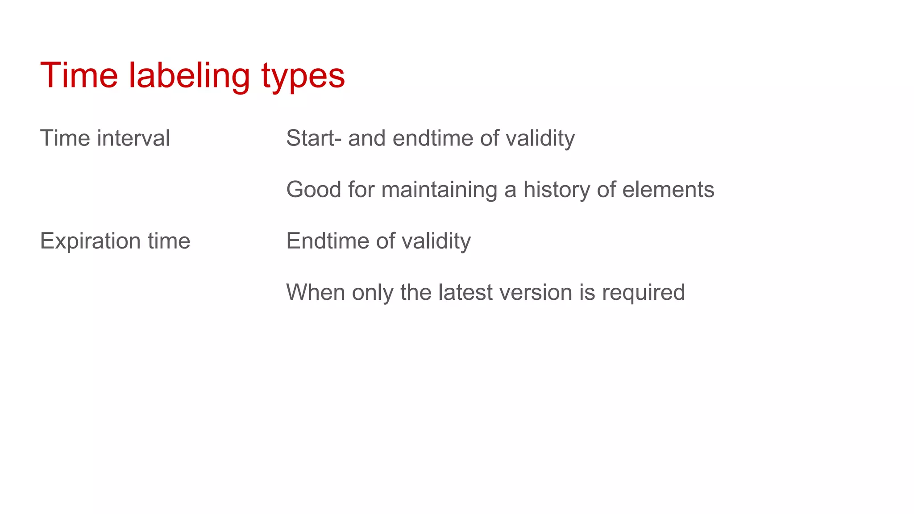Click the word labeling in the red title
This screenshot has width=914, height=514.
point(189,76)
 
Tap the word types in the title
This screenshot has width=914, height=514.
point(303,77)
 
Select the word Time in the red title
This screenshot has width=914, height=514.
point(79,75)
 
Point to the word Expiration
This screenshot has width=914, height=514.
point(91,241)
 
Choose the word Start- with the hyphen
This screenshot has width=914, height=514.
point(314,138)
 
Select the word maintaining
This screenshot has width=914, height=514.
point(439,190)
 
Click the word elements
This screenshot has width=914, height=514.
point(668,190)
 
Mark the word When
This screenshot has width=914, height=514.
point(316,293)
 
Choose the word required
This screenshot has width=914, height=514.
point(643,293)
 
